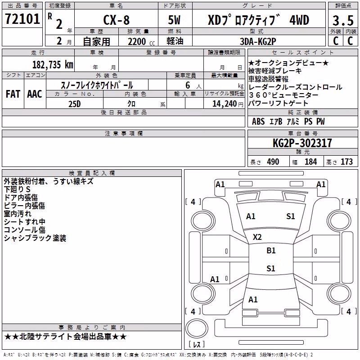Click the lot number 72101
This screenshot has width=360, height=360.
coord(22,19)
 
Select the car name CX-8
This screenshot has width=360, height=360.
coord(117,20)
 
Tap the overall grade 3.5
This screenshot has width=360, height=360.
coord(343,21)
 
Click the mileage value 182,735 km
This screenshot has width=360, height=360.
coord(53,65)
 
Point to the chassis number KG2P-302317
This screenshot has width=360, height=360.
coord(302,143)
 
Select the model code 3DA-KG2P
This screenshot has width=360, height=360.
coord(258,41)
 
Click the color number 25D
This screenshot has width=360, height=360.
coord(75,104)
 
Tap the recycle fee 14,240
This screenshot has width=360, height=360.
coord(225,104)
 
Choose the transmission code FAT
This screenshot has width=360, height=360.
coord(13,94)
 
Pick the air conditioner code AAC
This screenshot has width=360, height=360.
coord(35,94)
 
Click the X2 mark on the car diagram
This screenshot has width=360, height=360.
coord(257,237)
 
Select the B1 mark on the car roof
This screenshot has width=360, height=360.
coord(271,251)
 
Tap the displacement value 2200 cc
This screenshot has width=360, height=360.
coord(141,42)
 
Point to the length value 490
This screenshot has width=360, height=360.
coord(273,162)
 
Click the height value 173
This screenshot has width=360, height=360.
coord(346,162)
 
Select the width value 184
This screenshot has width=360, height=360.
coord(310,162)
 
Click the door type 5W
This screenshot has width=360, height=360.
coord(174,20)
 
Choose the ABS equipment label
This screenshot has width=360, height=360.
coord(258,121)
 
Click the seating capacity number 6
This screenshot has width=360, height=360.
coord(188,85)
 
